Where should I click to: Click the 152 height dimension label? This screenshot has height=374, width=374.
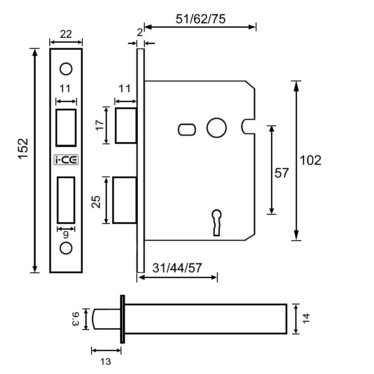point(23,148)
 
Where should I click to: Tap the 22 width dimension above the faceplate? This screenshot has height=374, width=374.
point(66,34)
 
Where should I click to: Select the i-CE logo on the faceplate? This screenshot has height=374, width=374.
point(66,160)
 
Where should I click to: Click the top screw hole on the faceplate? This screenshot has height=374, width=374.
point(66,69)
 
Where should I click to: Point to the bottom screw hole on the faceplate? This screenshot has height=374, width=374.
point(66,248)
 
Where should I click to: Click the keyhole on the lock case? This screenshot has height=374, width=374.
point(216,222)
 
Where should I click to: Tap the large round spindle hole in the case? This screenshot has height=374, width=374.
point(216,128)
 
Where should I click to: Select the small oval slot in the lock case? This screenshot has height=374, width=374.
point(187,129)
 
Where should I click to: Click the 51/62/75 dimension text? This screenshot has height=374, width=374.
point(200,19)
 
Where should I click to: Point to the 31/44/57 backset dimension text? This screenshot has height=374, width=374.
point(177,268)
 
